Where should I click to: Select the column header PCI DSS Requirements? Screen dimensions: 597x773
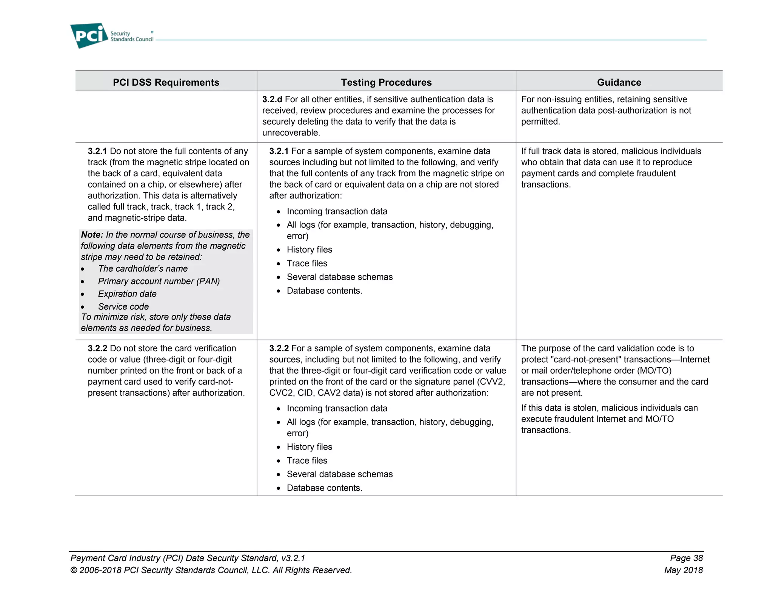[x=166, y=82]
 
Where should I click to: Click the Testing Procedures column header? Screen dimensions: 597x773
[x=386, y=82]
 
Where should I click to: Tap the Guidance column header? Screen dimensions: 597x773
[x=619, y=82]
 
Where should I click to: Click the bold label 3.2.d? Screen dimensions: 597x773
[x=272, y=99]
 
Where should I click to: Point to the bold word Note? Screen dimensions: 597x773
[x=92, y=235]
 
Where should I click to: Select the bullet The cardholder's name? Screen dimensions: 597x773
[x=143, y=269]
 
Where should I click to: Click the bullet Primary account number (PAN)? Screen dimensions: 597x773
[x=159, y=281]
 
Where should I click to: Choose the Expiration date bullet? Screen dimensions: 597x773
[x=127, y=294]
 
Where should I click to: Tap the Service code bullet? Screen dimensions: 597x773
[x=123, y=307]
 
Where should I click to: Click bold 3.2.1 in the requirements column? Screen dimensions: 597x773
[x=97, y=151]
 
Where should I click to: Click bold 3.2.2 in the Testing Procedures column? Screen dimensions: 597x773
[x=279, y=348]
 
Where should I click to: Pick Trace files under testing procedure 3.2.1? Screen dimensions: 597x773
[x=307, y=263]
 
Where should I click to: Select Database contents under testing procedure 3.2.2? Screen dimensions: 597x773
[x=324, y=488]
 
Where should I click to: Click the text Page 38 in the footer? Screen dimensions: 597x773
[x=686, y=558]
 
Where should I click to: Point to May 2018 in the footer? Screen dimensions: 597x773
[x=683, y=570]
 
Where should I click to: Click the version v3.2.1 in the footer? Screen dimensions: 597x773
[x=293, y=558]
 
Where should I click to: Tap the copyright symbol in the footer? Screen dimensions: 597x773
[x=74, y=571]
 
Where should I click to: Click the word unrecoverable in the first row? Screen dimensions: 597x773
[x=291, y=133]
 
